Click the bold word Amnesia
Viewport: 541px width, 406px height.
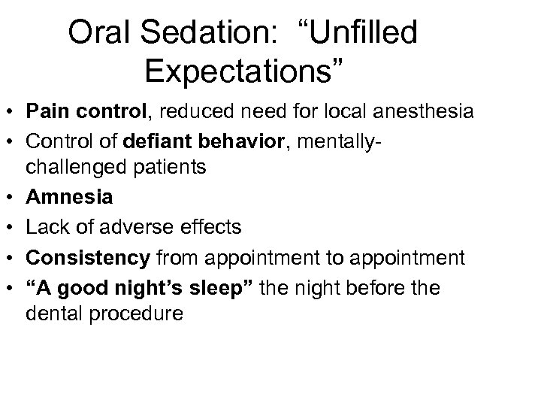click(x=69, y=198)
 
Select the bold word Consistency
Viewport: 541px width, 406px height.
click(x=87, y=258)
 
